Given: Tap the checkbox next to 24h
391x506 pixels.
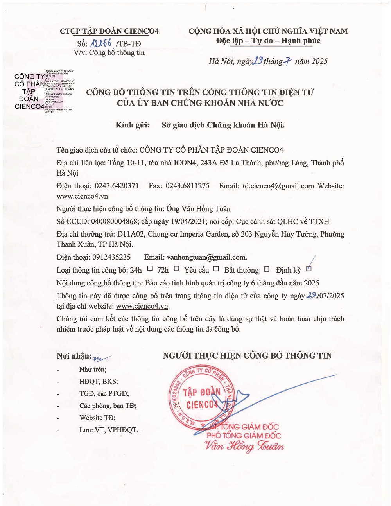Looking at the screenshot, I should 150,269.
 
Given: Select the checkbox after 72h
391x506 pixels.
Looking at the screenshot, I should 177,269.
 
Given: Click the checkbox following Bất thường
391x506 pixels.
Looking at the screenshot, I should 267,269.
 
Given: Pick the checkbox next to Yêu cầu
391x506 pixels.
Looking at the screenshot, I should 216,269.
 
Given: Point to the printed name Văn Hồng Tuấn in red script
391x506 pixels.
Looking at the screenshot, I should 244,447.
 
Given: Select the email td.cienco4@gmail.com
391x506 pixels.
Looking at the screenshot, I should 278,186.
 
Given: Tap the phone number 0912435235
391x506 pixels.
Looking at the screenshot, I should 111,257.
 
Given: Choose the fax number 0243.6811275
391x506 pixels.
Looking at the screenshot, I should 187,186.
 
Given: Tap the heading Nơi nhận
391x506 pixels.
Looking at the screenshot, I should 74,356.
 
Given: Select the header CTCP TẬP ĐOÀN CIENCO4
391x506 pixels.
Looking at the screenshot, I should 109,31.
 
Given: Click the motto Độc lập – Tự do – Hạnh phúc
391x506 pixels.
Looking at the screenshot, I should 268,41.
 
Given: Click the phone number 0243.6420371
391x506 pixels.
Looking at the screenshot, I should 116,186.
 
